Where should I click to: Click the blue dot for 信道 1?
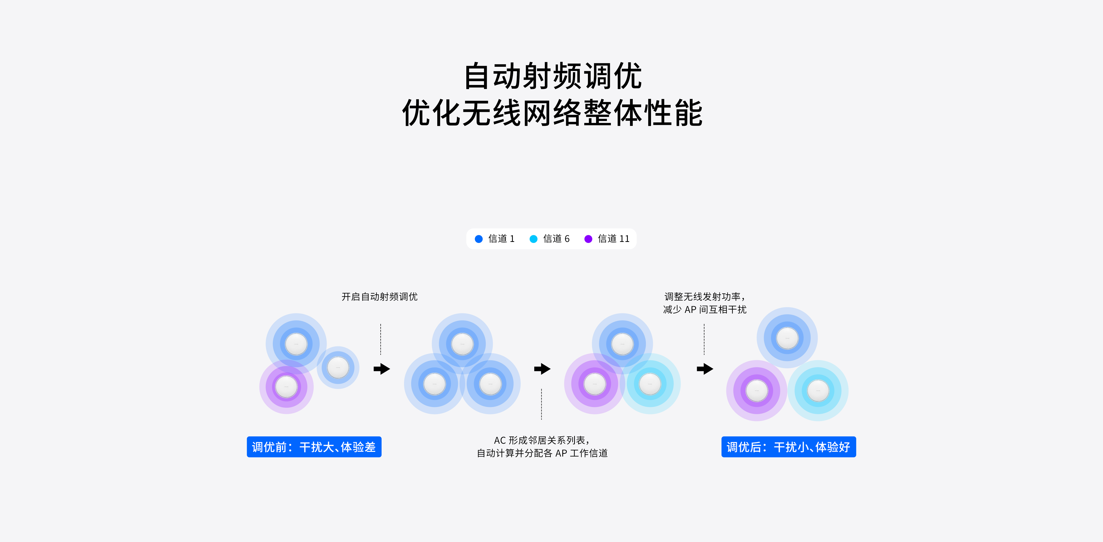pyautogui.click(x=479, y=239)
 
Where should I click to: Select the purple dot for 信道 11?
pyautogui.click(x=588, y=239)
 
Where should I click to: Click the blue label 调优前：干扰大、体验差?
pyautogui.click(x=314, y=447)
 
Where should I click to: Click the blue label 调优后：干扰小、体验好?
pyautogui.click(x=788, y=447)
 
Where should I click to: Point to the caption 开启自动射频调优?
pyautogui.click(x=379, y=296)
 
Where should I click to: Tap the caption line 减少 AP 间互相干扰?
pyautogui.click(x=704, y=309)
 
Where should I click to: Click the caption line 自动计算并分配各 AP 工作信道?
pyautogui.click(x=542, y=453)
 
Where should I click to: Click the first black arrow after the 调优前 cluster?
pyautogui.click(x=382, y=369)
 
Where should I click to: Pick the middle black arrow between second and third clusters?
pyautogui.click(x=542, y=369)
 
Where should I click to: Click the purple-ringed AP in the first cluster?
pyautogui.click(x=286, y=387)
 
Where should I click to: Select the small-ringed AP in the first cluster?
pyautogui.click(x=338, y=367)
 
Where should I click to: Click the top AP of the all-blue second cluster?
pyautogui.click(x=462, y=344)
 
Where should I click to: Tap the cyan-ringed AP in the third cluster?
pyautogui.click(x=650, y=384)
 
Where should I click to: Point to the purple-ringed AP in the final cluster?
pyautogui.click(x=757, y=390)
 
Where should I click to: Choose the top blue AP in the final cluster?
pyautogui.click(x=787, y=338)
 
